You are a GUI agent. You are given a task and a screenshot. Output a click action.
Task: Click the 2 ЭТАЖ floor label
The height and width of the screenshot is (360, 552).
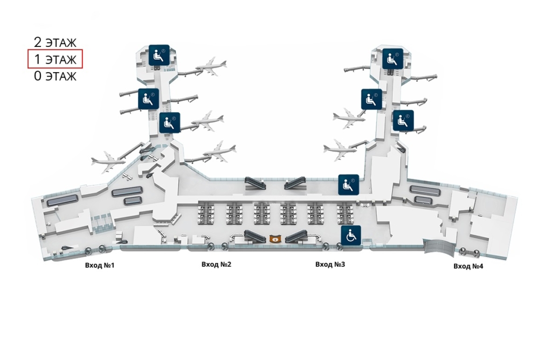tap(55, 41)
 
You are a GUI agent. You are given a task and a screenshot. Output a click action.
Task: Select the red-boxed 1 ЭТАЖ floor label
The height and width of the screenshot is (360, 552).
tap(55, 59)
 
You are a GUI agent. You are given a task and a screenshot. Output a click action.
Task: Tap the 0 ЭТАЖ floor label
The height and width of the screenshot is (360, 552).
tap(55, 76)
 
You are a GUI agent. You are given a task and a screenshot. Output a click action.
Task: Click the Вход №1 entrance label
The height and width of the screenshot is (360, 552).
tap(100, 265)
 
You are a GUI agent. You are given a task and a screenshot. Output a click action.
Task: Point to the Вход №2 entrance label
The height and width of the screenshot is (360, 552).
tap(216, 265)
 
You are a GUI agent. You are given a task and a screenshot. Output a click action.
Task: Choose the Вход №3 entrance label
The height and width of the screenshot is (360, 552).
tap(330, 265)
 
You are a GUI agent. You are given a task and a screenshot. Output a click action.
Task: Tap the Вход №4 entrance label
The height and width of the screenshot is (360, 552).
tap(468, 266)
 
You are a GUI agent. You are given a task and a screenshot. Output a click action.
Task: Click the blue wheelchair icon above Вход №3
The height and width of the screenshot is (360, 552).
tap(350, 236)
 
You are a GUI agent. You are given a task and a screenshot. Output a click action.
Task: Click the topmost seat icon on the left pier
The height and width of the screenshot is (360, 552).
tap(159, 55)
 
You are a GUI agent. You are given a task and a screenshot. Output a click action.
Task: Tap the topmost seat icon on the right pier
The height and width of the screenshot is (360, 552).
tap(393, 58)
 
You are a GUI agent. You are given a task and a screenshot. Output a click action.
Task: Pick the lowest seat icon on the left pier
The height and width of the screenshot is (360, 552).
tap(170, 123)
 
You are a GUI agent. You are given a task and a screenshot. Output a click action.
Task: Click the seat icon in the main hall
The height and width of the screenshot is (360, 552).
tap(348, 185)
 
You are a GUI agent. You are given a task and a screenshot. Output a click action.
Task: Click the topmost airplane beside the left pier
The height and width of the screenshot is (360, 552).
tap(211, 66)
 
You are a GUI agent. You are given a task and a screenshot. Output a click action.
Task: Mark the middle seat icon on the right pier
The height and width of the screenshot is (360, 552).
tap(371, 99)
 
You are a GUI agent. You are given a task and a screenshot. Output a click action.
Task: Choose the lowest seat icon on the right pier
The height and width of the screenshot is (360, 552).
tap(403, 121)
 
